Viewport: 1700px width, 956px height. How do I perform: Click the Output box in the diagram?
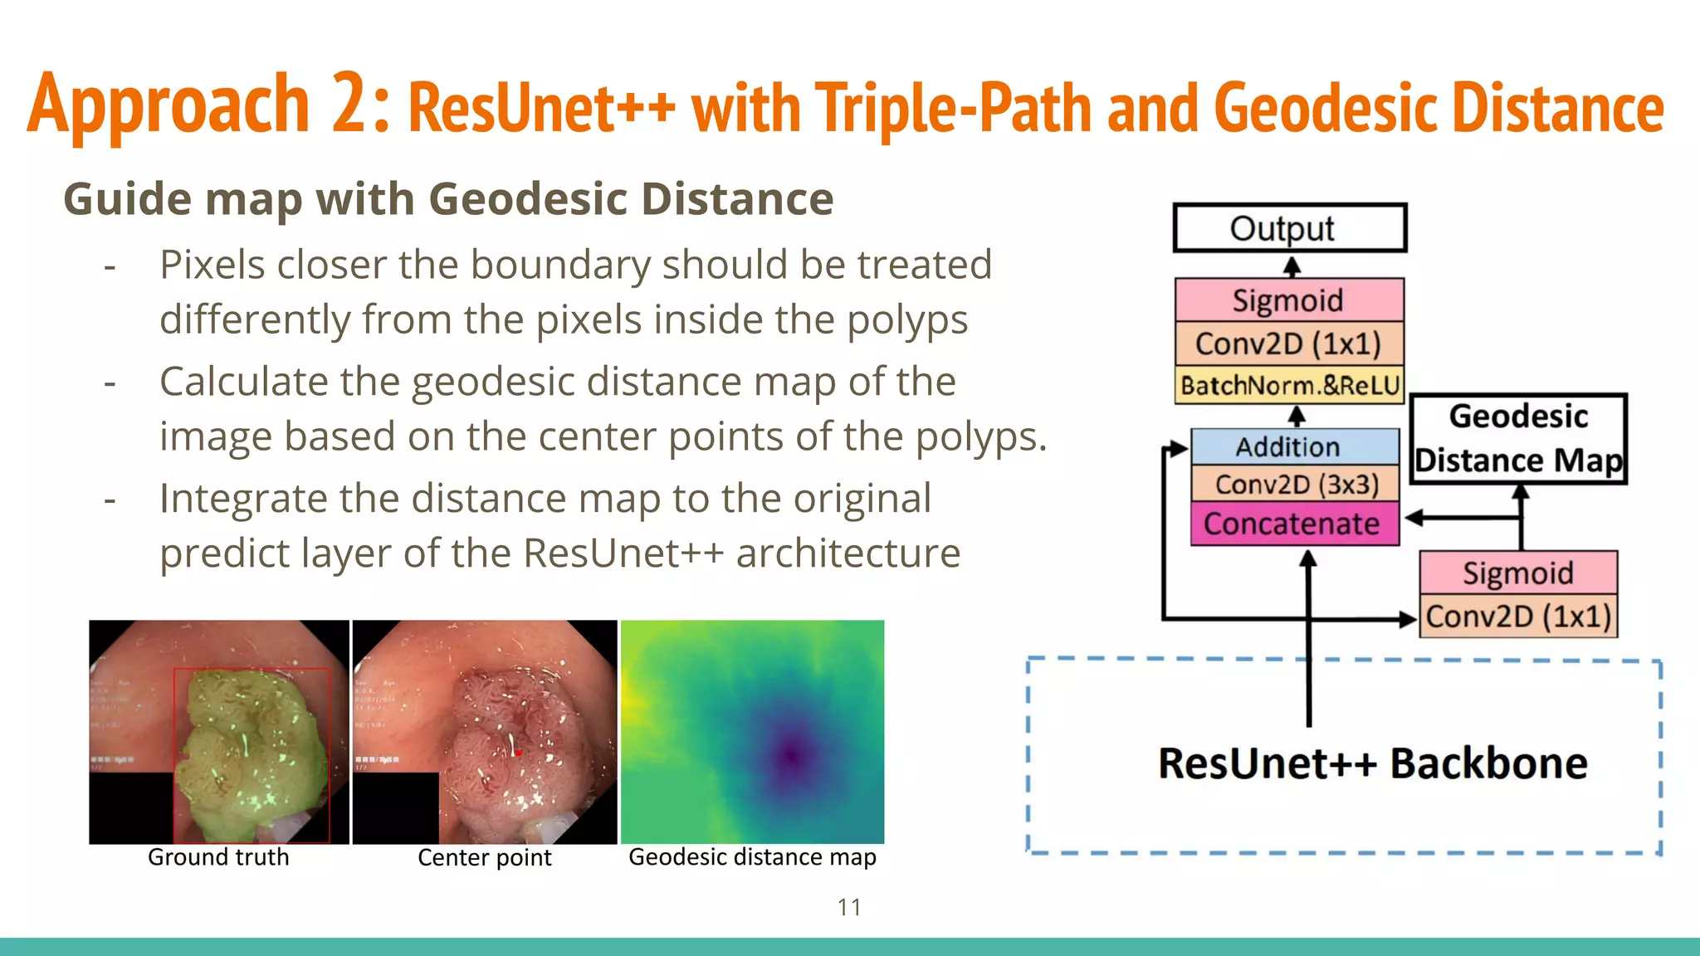[1289, 228]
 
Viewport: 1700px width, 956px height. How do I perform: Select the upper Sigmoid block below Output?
[1289, 300]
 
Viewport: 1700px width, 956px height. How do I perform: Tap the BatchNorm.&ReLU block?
[1289, 386]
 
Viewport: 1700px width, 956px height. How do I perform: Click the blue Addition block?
[1294, 447]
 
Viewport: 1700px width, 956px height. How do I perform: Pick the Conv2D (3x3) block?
[1294, 484]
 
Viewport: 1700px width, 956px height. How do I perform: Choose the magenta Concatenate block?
[1294, 524]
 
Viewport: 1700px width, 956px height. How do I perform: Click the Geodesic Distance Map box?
[1518, 439]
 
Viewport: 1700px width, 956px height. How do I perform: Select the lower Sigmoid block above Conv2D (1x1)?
[1518, 573]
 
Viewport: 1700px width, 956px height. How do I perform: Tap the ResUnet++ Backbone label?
[1372, 763]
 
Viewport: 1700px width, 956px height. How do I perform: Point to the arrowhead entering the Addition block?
[1179, 449]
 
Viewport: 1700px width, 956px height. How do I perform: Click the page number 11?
[849, 907]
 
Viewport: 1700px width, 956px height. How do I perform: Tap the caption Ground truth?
[218, 857]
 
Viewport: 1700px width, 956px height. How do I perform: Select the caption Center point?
[484, 857]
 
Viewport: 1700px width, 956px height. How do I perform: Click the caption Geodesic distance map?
[752, 857]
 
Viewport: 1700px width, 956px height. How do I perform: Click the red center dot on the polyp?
[517, 753]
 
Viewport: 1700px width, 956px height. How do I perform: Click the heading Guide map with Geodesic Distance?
[448, 199]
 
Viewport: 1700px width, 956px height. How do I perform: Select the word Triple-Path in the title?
[952, 109]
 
